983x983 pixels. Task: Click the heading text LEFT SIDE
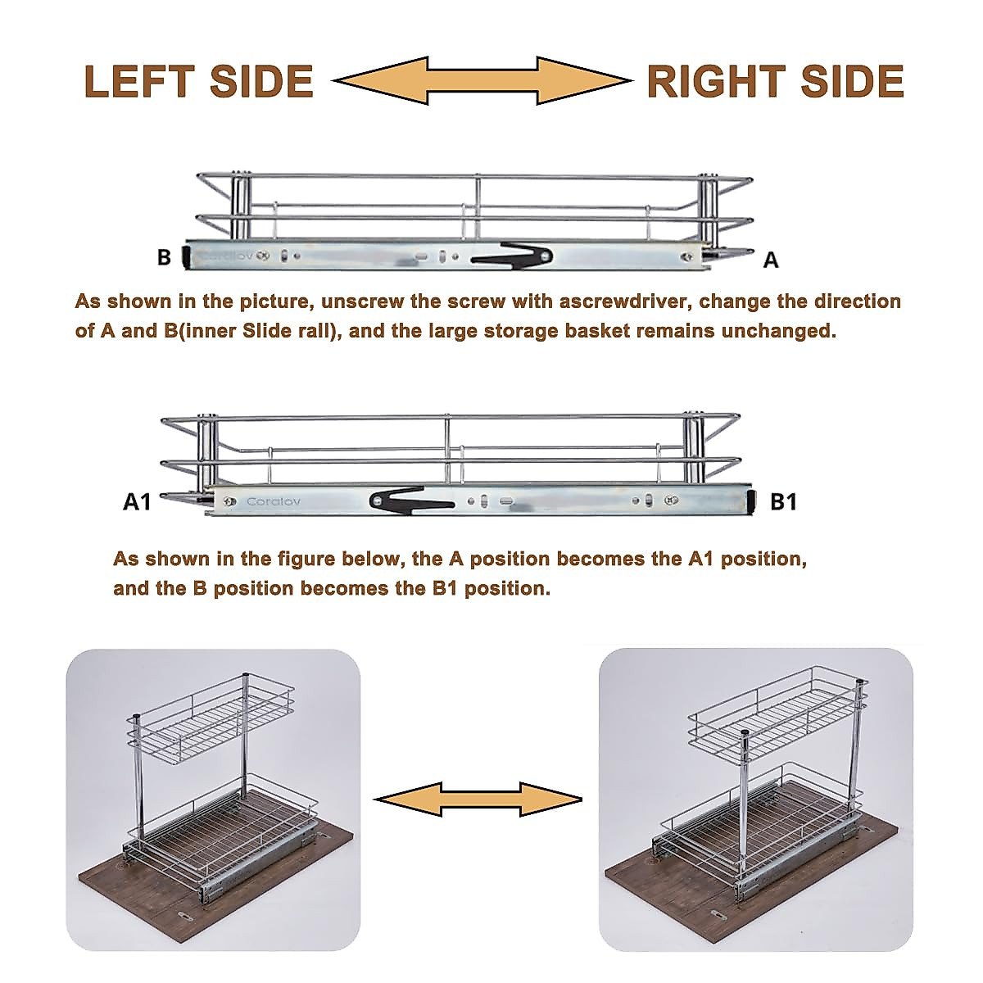(x=199, y=82)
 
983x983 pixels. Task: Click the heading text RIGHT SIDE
(x=775, y=82)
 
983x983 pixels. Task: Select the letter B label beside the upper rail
(x=164, y=257)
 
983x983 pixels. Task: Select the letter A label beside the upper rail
(x=770, y=260)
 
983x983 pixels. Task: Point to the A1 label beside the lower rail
(x=137, y=501)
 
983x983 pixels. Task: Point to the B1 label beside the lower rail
(x=783, y=501)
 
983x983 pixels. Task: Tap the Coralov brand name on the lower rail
(x=274, y=501)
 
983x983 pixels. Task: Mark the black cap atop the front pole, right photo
(x=744, y=734)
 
